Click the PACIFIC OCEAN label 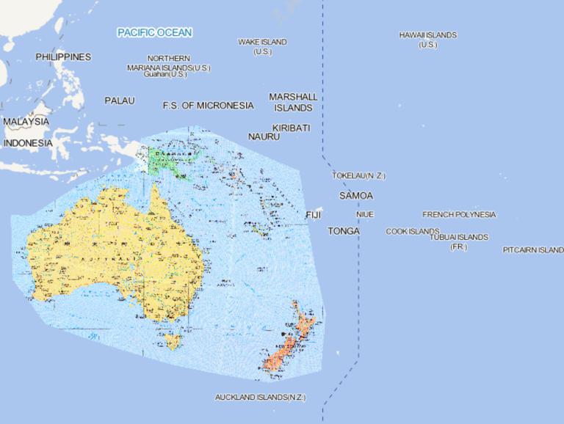(155, 32)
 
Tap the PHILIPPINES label (63, 56)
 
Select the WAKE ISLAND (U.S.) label (262, 47)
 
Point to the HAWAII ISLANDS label (428, 40)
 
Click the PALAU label (120, 100)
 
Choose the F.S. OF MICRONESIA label (208, 106)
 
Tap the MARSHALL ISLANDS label (293, 102)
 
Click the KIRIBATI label (291, 128)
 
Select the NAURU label (264, 136)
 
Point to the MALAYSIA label (26, 121)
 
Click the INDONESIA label (28, 143)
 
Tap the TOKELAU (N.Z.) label (358, 176)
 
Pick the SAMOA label (356, 196)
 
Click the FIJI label (314, 215)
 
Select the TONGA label (344, 231)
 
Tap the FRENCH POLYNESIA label (459, 215)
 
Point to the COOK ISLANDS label (413, 232)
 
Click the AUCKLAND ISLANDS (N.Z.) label (260, 398)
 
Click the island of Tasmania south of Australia (173, 341)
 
